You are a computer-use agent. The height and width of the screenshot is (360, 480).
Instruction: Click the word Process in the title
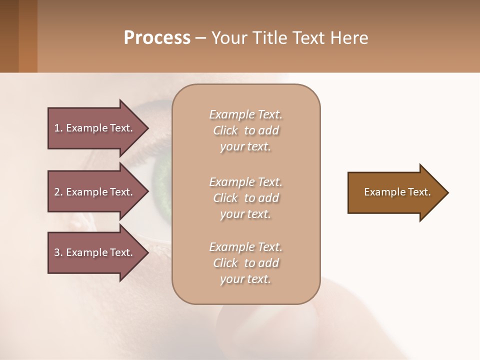point(157,38)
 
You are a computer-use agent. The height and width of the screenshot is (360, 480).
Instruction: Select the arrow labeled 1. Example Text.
point(95,128)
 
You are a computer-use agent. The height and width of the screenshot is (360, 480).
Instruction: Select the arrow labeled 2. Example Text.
point(95,192)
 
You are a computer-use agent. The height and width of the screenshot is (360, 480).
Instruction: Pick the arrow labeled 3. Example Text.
point(95,252)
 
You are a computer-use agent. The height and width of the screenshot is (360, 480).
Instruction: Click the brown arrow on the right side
point(395,192)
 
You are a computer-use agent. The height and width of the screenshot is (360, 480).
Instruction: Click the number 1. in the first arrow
point(58,128)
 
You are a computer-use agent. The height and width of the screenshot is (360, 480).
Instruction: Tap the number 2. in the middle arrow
point(58,192)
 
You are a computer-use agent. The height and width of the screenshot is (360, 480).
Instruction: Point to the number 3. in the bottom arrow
point(58,252)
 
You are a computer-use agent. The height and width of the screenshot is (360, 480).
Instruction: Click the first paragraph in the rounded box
point(245,130)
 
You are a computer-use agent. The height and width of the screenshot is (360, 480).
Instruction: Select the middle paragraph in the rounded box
point(245,198)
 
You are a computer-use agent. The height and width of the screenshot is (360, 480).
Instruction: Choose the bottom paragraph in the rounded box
point(245,263)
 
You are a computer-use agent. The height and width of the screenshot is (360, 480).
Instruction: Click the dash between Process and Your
point(200,38)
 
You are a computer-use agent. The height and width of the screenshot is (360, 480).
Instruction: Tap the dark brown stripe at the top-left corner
point(9,36)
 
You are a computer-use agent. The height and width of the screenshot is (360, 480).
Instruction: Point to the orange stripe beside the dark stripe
point(28,36)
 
